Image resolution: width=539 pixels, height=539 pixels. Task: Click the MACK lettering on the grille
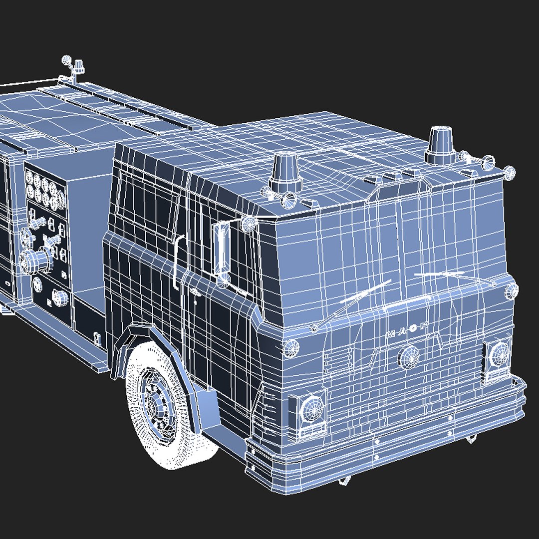[407, 333]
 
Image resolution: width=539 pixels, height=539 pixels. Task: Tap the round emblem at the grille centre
[409, 356]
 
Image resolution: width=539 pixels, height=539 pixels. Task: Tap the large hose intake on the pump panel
[36, 261]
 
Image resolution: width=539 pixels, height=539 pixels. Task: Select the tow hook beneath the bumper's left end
[344, 481]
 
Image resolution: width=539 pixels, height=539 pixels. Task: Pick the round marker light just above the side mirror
[248, 223]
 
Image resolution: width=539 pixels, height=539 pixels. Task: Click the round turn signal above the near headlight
[290, 346]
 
